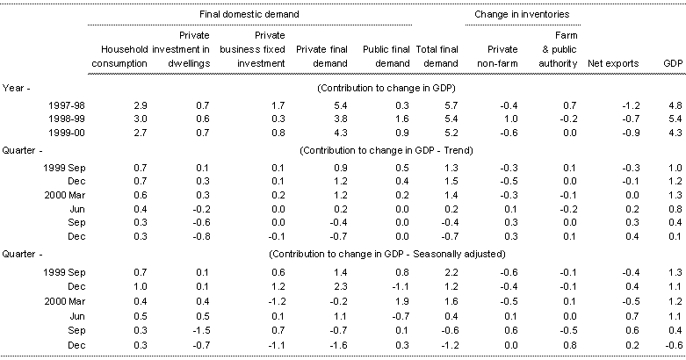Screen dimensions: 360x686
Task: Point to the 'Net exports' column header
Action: (x=611, y=64)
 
